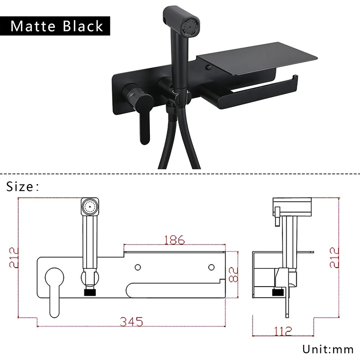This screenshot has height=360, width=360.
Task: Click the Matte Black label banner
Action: click(x=55, y=26)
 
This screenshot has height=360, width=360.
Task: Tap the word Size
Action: click(x=20, y=186)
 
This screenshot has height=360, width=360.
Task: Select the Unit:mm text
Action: click(x=328, y=349)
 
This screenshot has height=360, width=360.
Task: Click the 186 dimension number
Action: click(x=175, y=240)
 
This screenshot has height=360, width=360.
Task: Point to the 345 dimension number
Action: click(x=131, y=321)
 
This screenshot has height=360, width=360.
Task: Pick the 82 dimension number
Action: click(x=234, y=274)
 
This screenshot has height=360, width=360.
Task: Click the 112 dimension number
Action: click(x=283, y=331)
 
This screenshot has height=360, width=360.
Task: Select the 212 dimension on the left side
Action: click(x=14, y=257)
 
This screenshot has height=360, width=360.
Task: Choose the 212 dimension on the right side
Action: click(x=334, y=257)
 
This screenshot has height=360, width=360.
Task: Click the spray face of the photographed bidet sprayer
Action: click(x=191, y=26)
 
